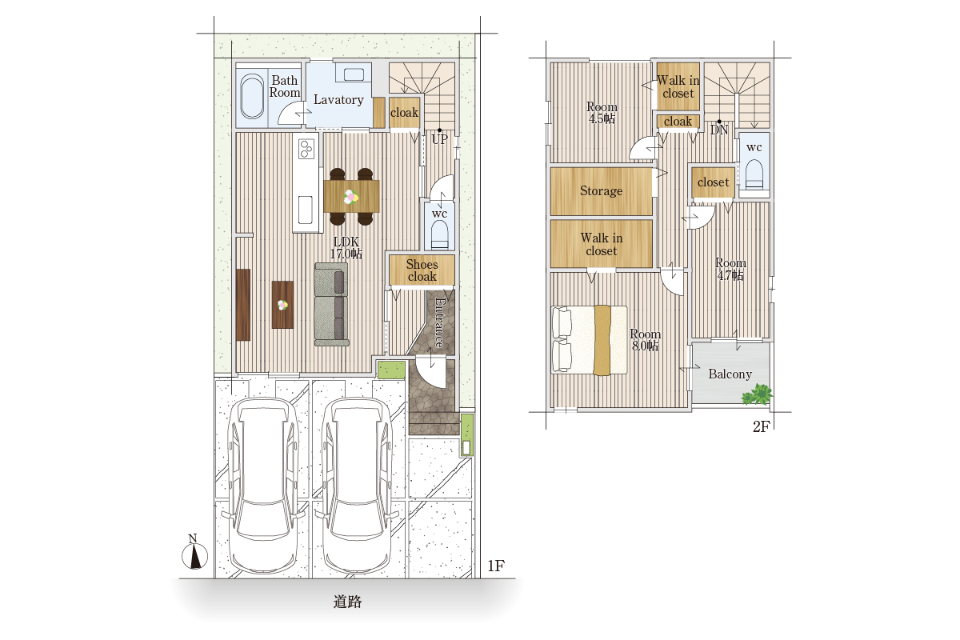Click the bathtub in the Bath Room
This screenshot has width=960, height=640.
[x=252, y=97]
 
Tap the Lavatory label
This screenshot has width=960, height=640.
[x=338, y=100]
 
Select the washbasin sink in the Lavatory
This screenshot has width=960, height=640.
[x=354, y=74]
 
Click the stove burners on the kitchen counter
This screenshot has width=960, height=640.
[x=306, y=149]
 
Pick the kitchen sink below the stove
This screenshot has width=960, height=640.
[x=305, y=210]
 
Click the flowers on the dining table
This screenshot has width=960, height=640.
[x=351, y=197]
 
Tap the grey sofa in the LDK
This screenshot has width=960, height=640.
[x=331, y=304]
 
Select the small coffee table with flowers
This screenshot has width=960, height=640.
[x=283, y=305]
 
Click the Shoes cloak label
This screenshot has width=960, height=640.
[x=422, y=270]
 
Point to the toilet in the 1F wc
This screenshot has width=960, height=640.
[x=439, y=235]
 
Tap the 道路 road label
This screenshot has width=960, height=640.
[x=347, y=602]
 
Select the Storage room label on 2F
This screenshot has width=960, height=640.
[x=602, y=190]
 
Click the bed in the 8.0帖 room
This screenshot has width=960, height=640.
[x=590, y=340]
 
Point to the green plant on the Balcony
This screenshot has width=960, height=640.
[x=758, y=395]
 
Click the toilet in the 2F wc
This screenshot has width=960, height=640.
[x=754, y=174]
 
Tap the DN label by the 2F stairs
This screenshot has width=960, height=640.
[x=719, y=130]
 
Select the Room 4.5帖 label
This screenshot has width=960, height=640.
[x=602, y=113]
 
